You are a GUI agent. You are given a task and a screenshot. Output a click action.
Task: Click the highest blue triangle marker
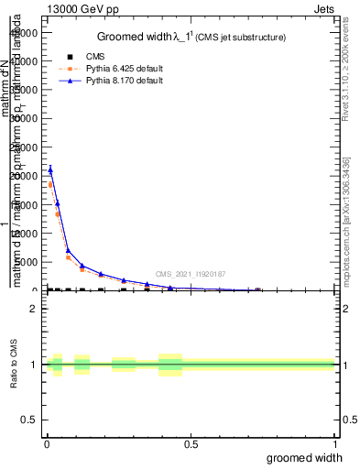click(x=50, y=169)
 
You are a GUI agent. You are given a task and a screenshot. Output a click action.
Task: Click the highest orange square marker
click(x=50, y=185)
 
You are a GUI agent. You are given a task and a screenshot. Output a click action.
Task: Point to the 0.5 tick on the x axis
click(x=191, y=445)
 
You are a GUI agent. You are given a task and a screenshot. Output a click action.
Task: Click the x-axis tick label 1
click(x=333, y=445)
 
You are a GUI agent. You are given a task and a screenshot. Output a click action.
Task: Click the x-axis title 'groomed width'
click(x=312, y=457)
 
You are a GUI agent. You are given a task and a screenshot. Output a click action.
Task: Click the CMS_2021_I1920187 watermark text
click(x=190, y=274)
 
